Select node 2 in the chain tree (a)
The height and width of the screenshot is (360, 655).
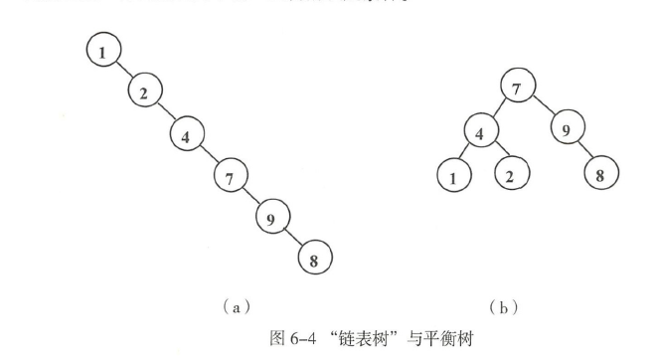click(x=145, y=92)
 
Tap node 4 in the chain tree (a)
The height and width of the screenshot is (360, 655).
click(x=187, y=135)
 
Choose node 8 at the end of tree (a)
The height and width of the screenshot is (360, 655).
click(x=315, y=263)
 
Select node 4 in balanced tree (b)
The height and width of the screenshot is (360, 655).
click(x=482, y=132)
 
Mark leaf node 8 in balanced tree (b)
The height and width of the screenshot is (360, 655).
click(x=600, y=174)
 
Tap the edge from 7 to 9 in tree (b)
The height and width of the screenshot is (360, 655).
click(x=543, y=108)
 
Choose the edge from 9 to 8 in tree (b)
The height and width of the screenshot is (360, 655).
click(x=583, y=152)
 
